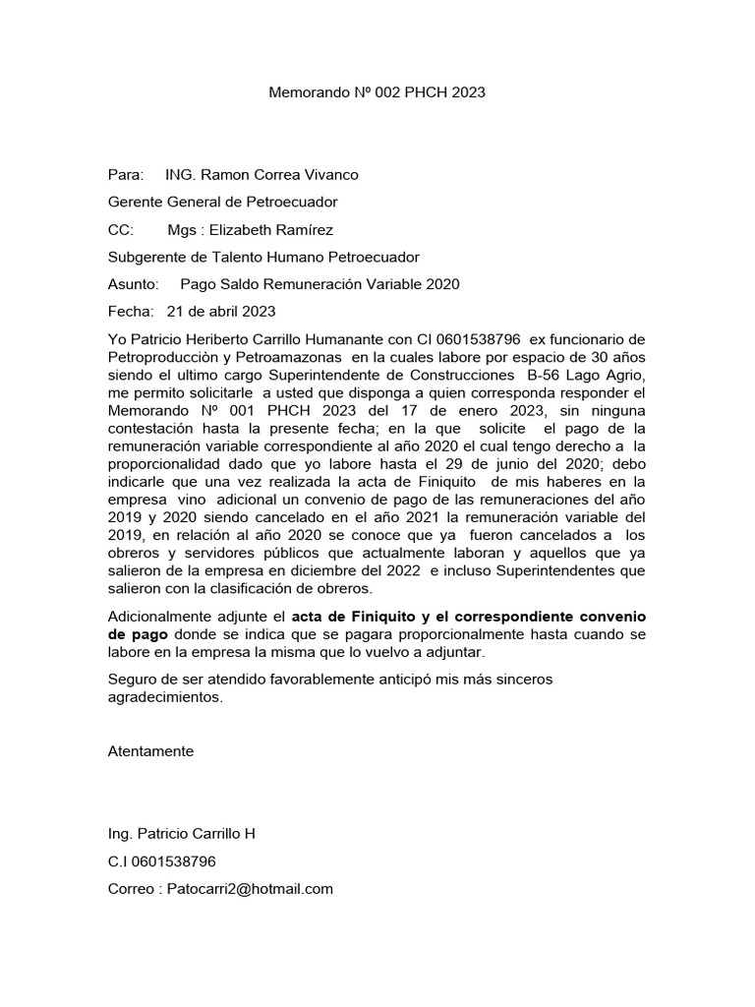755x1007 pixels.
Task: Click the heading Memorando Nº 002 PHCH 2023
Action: coord(377,92)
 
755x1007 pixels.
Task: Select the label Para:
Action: coord(125,175)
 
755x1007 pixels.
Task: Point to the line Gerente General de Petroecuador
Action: coord(222,203)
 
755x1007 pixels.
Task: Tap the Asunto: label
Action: coord(133,285)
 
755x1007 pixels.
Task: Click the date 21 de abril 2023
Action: coord(221,313)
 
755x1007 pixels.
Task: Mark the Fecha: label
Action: coord(130,313)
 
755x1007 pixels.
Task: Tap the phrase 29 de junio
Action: coord(473,463)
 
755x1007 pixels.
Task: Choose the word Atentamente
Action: coord(150,751)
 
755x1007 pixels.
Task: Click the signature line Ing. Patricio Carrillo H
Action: coord(181,834)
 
